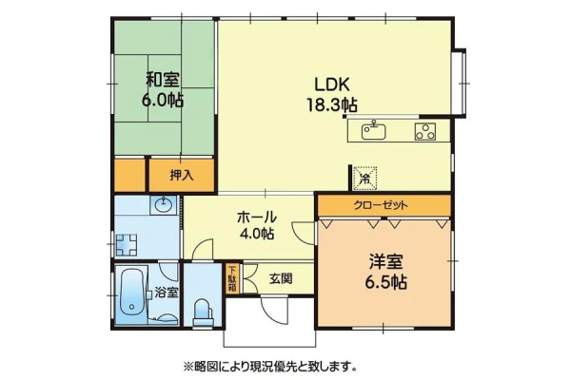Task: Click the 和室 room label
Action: [163, 80]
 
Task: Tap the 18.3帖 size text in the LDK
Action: [332, 105]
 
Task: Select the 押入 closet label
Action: [182, 175]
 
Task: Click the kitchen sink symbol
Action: [374, 131]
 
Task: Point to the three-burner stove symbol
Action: [425, 132]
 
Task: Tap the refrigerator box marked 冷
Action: [365, 179]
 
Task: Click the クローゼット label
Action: [381, 206]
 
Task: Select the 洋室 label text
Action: [386, 262]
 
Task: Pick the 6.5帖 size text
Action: [386, 282]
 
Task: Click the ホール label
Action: [257, 218]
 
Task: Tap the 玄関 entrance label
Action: [281, 278]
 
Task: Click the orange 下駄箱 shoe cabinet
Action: [232, 278]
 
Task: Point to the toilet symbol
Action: [203, 312]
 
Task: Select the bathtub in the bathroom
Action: [130, 294]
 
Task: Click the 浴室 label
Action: [167, 293]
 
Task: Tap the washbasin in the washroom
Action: [163, 205]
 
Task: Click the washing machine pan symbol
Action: [127, 245]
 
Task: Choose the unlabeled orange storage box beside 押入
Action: [129, 175]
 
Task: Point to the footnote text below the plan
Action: [270, 366]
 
